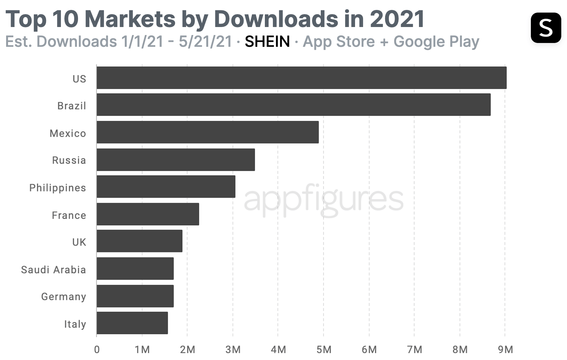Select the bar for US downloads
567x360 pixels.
301,78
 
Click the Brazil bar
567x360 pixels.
293,105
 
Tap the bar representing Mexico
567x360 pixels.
207,132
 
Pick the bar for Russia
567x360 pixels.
175,160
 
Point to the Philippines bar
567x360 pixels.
166,187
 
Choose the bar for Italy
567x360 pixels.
132,323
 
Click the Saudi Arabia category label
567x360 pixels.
54,270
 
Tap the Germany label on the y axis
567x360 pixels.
64,297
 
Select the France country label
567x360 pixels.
69,215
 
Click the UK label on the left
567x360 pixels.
79,242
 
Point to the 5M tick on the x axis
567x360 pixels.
323,349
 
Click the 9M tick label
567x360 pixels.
505,349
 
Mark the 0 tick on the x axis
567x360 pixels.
97,349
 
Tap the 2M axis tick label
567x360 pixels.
187,349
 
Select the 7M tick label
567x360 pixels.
414,349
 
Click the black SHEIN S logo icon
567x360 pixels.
546,28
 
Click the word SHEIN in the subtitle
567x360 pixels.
267,41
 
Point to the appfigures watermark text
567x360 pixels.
323,200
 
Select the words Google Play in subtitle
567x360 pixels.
436,42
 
